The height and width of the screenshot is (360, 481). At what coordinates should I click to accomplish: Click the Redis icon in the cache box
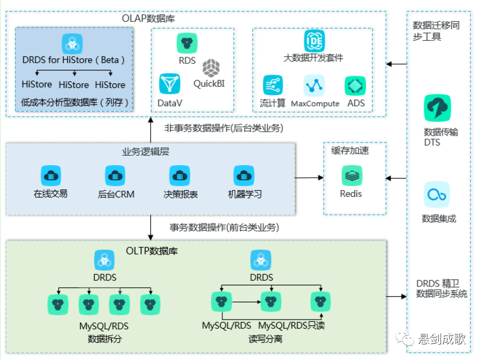coord(352,176)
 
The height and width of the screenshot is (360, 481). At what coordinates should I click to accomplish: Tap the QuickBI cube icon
coord(212,68)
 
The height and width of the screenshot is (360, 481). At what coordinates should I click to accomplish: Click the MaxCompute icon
coord(314,85)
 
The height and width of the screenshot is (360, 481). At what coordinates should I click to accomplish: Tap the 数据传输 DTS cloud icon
coord(436,108)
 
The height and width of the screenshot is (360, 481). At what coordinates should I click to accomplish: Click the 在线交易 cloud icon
coord(51,176)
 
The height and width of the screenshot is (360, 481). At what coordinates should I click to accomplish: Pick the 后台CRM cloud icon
coord(115,176)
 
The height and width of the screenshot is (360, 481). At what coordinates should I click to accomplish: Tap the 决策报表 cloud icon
coord(180,176)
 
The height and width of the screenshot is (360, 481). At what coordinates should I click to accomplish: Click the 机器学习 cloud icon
coord(244,176)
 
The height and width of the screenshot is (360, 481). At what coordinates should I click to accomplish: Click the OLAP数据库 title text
coord(149,19)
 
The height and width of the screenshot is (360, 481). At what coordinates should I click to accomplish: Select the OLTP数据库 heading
coord(152,251)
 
